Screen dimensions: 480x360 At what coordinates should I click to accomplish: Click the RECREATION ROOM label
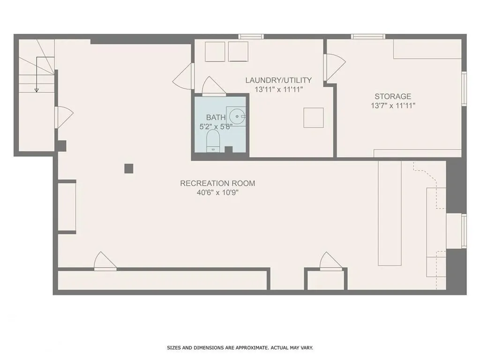pyautogui.click(x=217, y=183)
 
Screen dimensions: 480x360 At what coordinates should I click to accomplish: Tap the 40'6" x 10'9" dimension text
pyautogui.click(x=217, y=193)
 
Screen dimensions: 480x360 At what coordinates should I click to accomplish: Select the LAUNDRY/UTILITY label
pyautogui.click(x=278, y=80)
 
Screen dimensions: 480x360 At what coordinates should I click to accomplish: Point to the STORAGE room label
pyautogui.click(x=393, y=97)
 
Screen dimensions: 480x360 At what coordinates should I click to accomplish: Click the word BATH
pyautogui.click(x=216, y=117)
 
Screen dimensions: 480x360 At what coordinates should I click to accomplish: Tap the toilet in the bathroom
pyautogui.click(x=213, y=141)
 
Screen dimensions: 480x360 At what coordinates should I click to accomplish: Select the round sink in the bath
pyautogui.click(x=238, y=116)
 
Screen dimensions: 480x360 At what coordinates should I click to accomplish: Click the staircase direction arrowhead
pyautogui.click(x=37, y=90)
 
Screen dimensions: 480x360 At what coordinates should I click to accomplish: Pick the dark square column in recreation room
pyautogui.click(x=129, y=168)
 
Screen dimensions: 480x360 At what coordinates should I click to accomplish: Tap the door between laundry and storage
pyautogui.click(x=335, y=67)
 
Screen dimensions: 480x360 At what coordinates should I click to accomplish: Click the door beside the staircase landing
pyautogui.click(x=64, y=117)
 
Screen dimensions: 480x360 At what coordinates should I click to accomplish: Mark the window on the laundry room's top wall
pyautogui.click(x=251, y=37)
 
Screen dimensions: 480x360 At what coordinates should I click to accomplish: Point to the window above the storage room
pyautogui.click(x=368, y=37)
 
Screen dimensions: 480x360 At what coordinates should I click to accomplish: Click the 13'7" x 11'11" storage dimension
pyautogui.click(x=393, y=106)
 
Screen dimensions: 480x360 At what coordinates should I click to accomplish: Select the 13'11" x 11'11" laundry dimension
pyautogui.click(x=278, y=90)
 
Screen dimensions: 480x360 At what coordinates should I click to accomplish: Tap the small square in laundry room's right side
pyautogui.click(x=314, y=118)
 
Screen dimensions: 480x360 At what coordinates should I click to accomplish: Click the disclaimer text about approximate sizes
pyautogui.click(x=240, y=348)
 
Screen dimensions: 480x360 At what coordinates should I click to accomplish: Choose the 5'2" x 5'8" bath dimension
pyautogui.click(x=216, y=127)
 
